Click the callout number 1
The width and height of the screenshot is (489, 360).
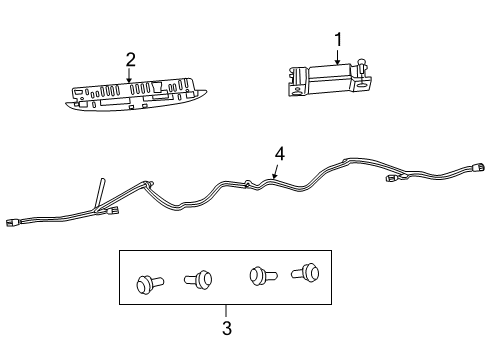tap(338, 39)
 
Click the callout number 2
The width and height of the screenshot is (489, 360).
tap(130, 59)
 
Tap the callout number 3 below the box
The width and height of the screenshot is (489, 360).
tap(226, 327)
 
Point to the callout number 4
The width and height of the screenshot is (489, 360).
tap(281, 153)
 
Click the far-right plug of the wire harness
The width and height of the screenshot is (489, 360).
tap(479, 168)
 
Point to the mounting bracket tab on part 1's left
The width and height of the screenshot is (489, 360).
tap(297, 89)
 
